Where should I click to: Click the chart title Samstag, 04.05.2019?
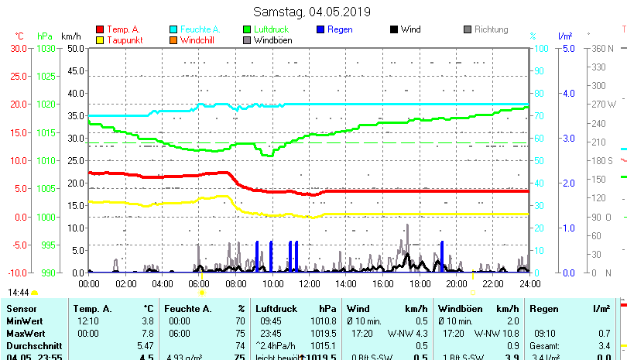point(313,12)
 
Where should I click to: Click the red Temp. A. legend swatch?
point(100,29)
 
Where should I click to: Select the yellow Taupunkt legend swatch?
point(100,39)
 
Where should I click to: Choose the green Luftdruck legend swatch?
point(248,29)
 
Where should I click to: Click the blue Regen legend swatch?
point(321,29)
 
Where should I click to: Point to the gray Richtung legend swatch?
point(468,29)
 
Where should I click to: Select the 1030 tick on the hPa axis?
point(46,48)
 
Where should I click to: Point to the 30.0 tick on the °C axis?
point(19,48)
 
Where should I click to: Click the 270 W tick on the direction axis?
point(605,104)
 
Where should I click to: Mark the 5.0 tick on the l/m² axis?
point(567,48)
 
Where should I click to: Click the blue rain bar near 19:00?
point(442,256)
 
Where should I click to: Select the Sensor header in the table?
point(22,309)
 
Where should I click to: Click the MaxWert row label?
point(25,333)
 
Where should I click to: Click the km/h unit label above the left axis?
point(70,36)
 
